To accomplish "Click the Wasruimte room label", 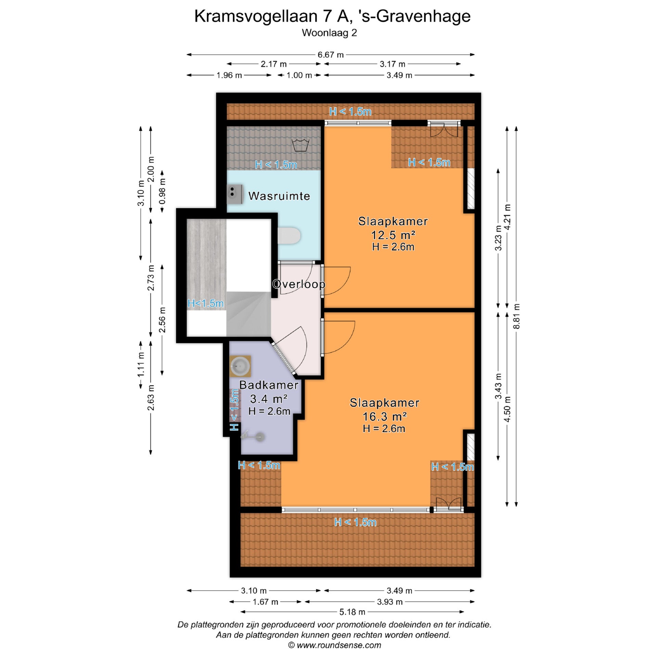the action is click(x=279, y=196).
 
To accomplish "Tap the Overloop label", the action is click(x=298, y=284).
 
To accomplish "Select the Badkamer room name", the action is click(x=269, y=385).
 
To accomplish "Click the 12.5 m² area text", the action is click(x=393, y=235).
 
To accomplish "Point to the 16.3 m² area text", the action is click(x=384, y=416).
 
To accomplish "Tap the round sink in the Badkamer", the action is click(x=241, y=366).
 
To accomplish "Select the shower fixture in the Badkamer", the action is click(x=253, y=436).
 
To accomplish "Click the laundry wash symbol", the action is click(x=300, y=145).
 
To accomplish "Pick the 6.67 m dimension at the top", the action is click(x=331, y=55).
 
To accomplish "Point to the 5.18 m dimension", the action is click(x=352, y=612).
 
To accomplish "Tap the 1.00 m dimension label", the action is click(x=299, y=75).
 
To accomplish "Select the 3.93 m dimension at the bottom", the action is click(x=390, y=602).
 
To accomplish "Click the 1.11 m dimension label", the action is click(x=141, y=364).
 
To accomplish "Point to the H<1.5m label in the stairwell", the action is click(x=206, y=303).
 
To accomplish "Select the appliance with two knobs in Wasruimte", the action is click(x=235, y=194).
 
